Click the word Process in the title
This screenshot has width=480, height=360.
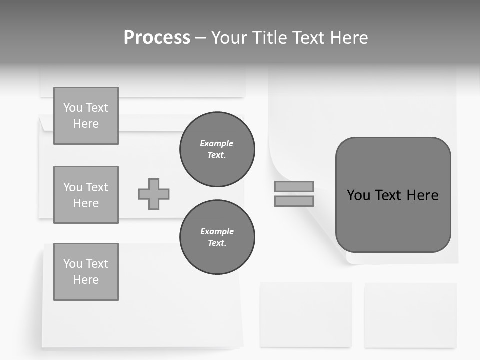coord(157,38)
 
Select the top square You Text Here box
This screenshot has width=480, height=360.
coord(86,116)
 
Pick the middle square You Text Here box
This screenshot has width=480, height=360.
coord(86,195)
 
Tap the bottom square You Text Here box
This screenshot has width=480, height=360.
coord(86,272)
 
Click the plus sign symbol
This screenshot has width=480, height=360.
coord(154,194)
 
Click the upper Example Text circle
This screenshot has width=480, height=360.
coord(217,149)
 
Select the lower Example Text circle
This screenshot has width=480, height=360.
coord(217,237)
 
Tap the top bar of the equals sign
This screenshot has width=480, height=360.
coord(294,186)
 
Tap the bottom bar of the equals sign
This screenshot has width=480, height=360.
coord(294,201)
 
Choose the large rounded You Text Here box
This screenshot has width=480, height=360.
coord(393,195)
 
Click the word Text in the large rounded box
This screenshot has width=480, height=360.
coord(389,195)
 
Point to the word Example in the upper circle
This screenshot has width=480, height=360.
coord(217,143)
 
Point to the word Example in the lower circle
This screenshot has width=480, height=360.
coord(217,231)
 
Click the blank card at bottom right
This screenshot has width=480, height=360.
coord(410,315)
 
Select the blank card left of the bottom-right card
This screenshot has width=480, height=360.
coord(306,314)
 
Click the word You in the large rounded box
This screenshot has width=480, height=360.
coord(358,195)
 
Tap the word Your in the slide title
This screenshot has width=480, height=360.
coord(231,38)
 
